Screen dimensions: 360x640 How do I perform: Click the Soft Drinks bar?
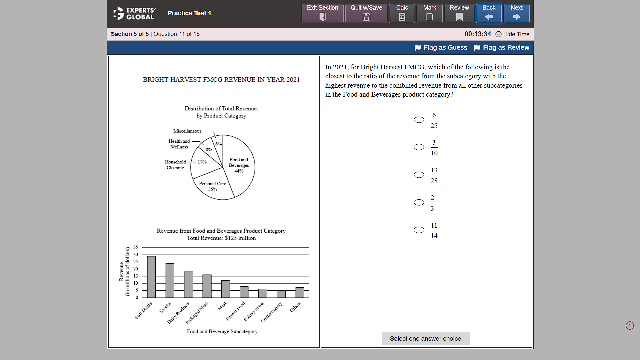(151, 277)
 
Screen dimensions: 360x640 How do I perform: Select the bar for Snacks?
(170, 280)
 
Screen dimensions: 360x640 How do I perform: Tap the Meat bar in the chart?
(226, 289)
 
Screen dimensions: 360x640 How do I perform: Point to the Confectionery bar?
(281, 294)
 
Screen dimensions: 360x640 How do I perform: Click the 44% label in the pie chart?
(239, 171)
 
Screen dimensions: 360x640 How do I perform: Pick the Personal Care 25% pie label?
(212, 186)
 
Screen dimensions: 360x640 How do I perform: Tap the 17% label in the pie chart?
(202, 162)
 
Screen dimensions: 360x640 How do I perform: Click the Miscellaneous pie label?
(187, 131)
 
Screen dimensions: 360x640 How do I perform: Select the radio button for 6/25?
(419, 120)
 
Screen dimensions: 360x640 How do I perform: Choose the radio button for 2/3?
(419, 202)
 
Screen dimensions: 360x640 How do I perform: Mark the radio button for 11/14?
(419, 230)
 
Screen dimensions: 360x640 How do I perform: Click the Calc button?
(402, 13)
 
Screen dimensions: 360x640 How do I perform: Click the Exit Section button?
(323, 13)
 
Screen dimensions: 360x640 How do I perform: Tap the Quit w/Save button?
(366, 13)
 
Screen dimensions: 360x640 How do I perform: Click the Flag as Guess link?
(441, 48)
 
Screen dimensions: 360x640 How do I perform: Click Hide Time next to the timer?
(513, 34)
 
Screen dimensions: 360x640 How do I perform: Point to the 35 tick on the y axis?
(136, 247)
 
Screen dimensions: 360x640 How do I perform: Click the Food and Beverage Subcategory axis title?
(222, 331)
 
